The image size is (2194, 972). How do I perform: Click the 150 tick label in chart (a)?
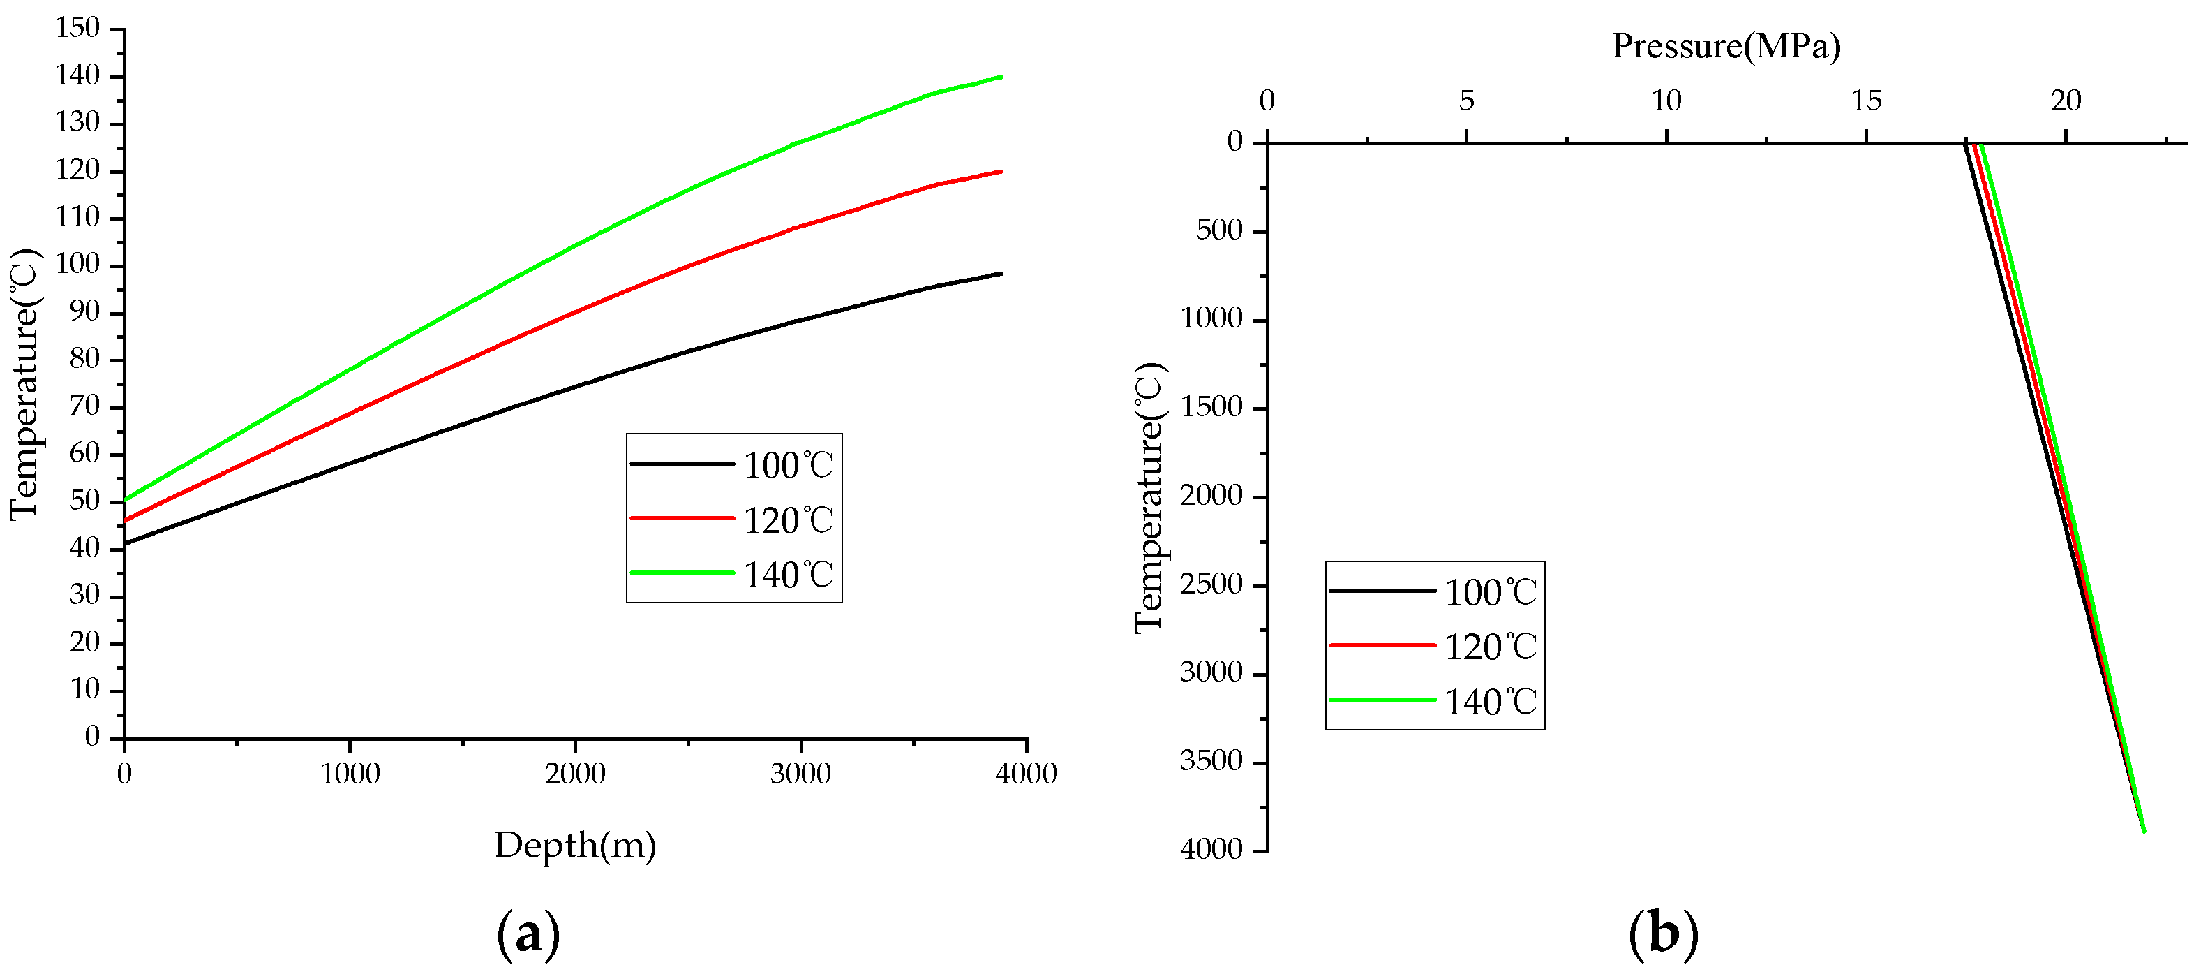[77, 28]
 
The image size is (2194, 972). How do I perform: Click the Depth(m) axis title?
[575, 845]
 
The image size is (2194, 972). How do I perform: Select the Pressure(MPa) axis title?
[1726, 45]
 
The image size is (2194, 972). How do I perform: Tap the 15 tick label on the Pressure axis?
[1866, 101]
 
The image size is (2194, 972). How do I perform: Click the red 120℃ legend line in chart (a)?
[681, 518]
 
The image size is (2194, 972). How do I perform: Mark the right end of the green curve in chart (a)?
[1000, 78]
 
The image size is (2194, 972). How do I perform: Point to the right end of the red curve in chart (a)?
[1000, 172]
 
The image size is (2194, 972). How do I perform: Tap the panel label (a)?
[528, 934]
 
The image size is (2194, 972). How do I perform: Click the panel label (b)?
[1662, 934]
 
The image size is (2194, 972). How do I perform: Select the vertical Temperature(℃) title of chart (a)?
[26, 383]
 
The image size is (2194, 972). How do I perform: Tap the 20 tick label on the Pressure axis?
[2066, 101]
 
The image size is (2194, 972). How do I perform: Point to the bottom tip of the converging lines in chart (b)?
[2143, 830]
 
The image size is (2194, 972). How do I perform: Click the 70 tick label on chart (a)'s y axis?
[84, 406]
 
